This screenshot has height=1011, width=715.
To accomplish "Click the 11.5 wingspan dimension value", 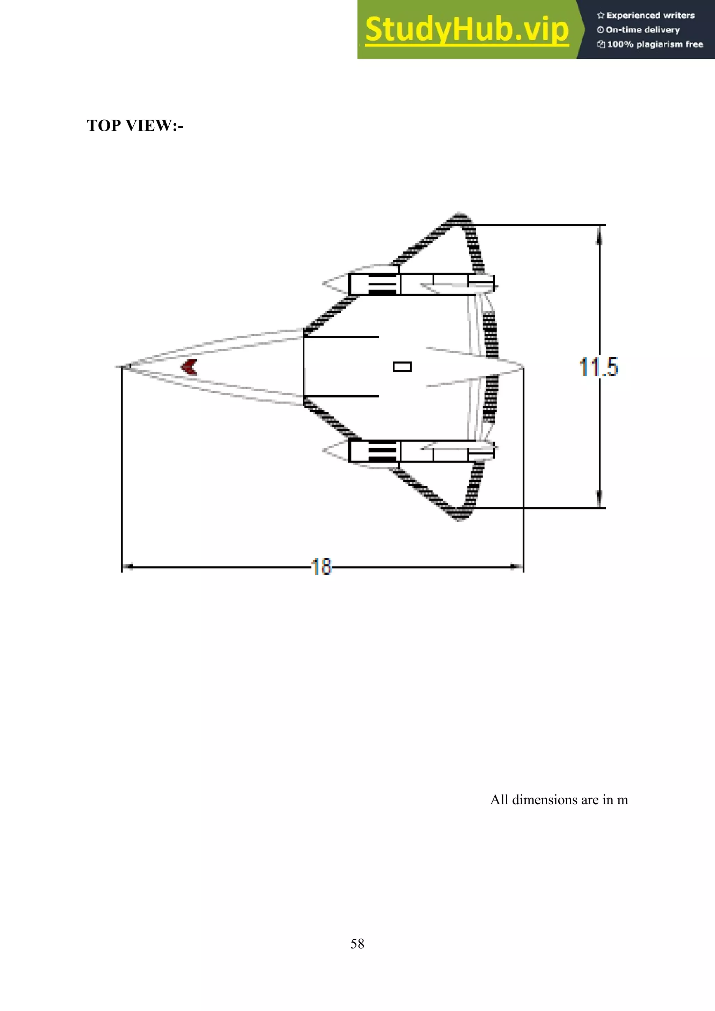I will (x=598, y=367).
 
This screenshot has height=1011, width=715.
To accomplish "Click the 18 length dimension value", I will (x=322, y=567).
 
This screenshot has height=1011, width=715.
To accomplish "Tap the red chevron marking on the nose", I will (x=190, y=367).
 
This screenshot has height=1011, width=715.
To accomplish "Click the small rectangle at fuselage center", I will (x=402, y=367).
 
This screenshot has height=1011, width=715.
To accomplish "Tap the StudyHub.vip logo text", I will (x=467, y=30).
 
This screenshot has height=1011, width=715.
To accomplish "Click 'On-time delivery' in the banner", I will (x=642, y=30).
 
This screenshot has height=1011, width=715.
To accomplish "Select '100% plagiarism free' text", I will (x=655, y=44).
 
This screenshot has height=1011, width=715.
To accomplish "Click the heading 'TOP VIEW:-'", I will (x=135, y=125).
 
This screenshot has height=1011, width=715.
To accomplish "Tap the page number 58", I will (x=357, y=943).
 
